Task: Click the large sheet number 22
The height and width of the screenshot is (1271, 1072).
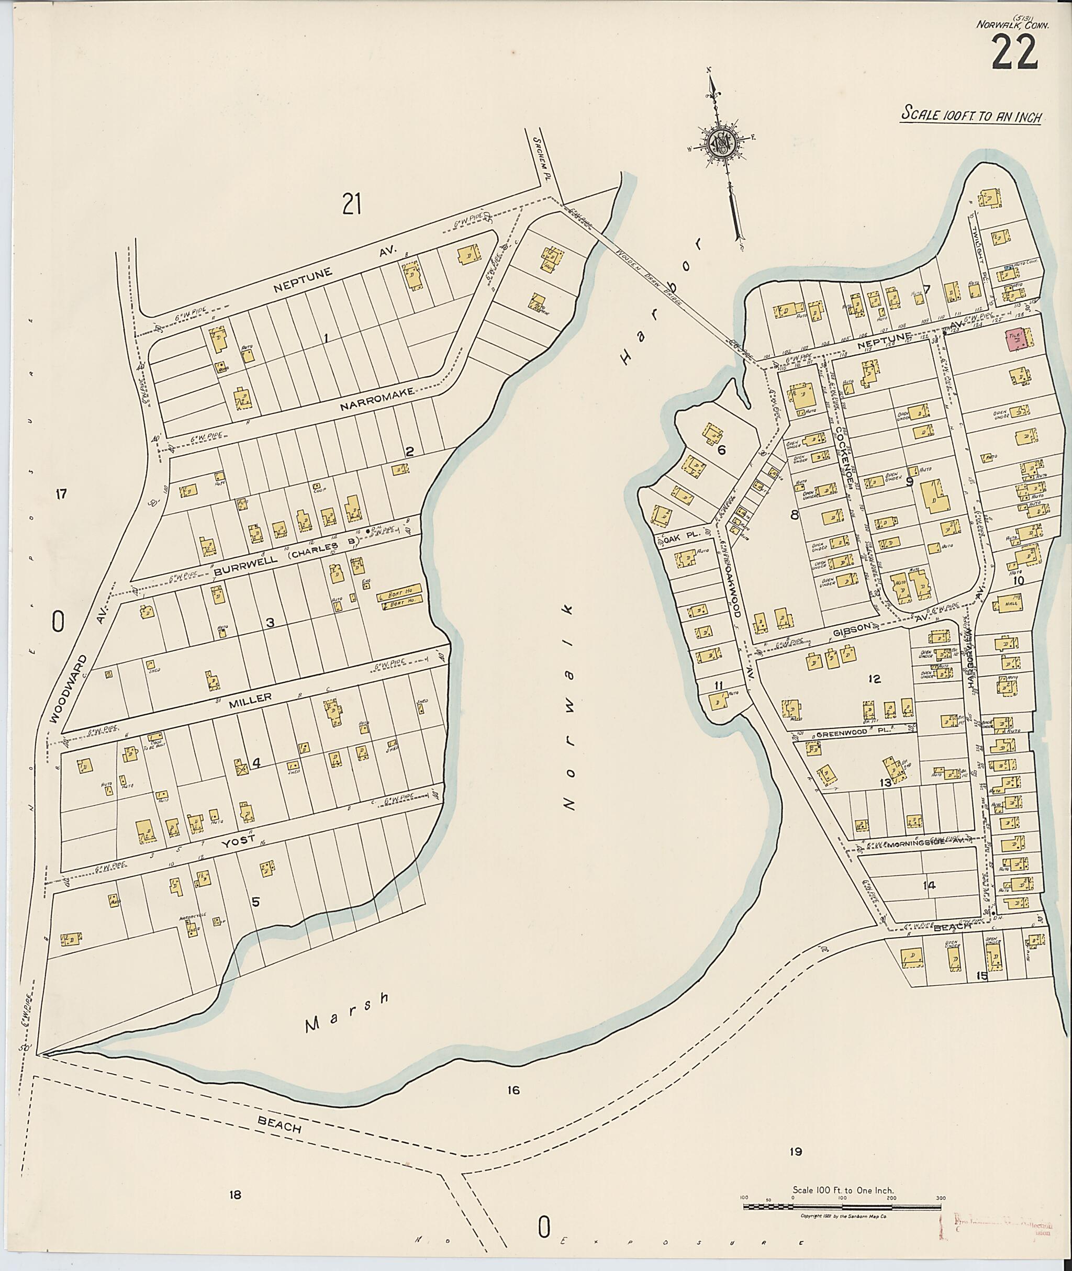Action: [x=1015, y=53]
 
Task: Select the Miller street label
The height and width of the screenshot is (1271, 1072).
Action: [x=250, y=698]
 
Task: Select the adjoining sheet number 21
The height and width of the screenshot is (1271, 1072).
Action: [x=351, y=204]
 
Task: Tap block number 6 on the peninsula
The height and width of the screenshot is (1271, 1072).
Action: [x=722, y=449]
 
